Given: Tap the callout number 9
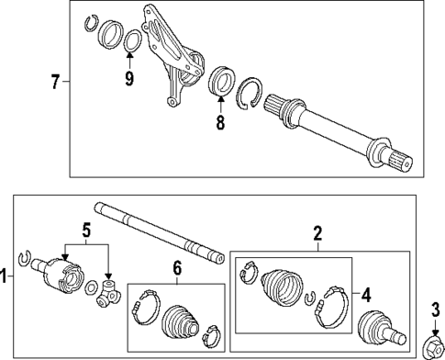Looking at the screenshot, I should coord(129,79).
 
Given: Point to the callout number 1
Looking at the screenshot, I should coord(6,275).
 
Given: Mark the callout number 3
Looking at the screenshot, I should coord(434,309).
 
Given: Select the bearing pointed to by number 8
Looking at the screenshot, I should coord(220,81).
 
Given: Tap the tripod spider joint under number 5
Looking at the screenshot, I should coord(111,294).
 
